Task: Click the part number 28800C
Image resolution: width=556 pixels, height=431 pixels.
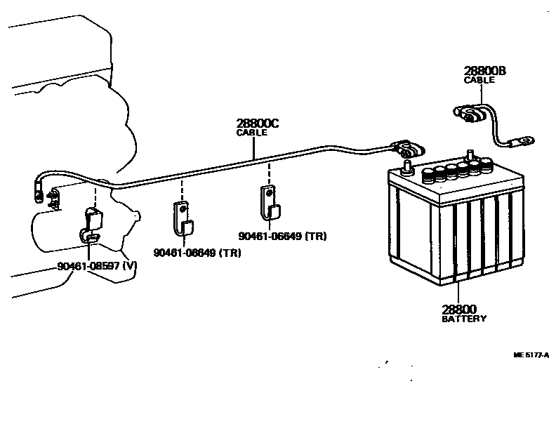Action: click(258, 124)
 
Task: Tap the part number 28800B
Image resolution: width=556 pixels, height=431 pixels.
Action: click(484, 71)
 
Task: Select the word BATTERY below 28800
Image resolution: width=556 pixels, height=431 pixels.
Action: click(463, 319)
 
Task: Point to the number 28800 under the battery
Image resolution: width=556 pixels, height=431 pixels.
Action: click(459, 309)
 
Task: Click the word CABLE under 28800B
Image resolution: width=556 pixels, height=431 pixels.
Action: click(479, 80)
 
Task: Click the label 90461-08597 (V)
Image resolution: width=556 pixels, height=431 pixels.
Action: click(97, 266)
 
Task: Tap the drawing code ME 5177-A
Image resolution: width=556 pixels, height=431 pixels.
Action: click(531, 354)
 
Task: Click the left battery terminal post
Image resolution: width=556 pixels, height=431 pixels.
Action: click(406, 168)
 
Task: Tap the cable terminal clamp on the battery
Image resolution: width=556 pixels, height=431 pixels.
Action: click(409, 149)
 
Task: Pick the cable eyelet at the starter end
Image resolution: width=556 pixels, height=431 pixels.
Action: click(35, 189)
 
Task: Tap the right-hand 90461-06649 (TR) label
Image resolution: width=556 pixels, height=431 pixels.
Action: click(282, 236)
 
